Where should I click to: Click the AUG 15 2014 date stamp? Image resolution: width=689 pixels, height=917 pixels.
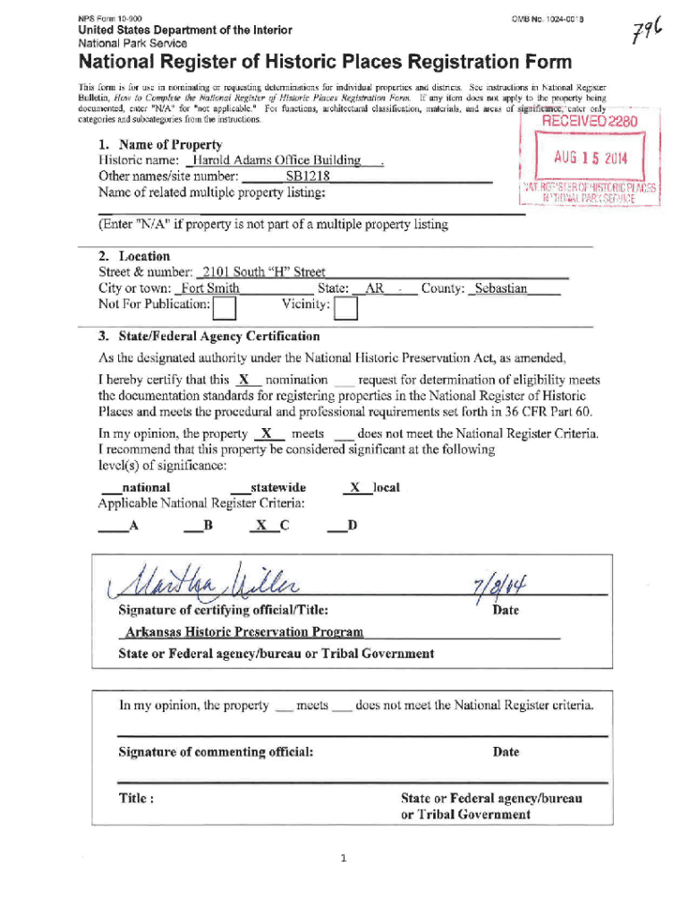(x=591, y=159)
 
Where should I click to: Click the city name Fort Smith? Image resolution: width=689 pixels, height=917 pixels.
(x=208, y=288)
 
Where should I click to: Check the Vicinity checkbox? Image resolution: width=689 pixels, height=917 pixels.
(x=345, y=308)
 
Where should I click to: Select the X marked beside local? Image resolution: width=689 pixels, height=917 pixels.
(x=355, y=488)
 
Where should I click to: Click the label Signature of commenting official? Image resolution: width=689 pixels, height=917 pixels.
(x=216, y=751)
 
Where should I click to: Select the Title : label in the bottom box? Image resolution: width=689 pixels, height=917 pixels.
(x=137, y=798)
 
